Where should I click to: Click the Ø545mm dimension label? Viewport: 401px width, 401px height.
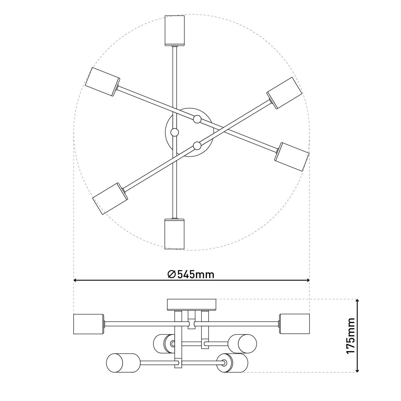click(191, 274)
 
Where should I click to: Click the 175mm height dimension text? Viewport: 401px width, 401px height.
click(350, 336)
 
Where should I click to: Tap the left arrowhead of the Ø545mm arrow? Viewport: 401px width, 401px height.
click(76, 280)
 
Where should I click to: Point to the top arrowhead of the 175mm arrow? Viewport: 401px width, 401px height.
click(358, 301)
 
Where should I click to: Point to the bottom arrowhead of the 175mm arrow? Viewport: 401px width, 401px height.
click(358, 370)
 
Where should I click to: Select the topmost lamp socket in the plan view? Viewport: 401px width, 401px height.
click(174, 30)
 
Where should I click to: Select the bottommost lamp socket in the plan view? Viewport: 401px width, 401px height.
click(174, 234)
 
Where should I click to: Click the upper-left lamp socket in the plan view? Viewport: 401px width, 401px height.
click(103, 82)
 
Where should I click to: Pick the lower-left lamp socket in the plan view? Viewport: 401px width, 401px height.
click(110, 199)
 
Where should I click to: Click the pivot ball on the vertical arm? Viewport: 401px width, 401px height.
click(174, 132)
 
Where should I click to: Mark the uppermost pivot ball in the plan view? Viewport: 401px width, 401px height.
click(197, 119)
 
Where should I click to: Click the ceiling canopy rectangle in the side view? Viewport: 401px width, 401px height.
click(192, 304)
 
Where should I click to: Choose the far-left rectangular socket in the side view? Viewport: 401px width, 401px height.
click(88, 324)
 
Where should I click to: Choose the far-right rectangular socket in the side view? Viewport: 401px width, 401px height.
click(294, 324)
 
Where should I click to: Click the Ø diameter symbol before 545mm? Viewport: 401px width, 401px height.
click(171, 274)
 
